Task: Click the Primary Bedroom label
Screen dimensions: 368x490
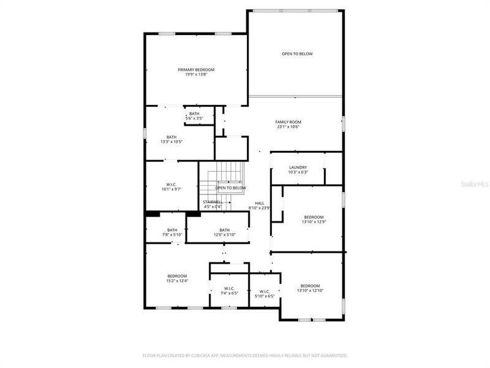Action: (196, 70)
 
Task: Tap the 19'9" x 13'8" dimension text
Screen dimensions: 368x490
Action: (196, 75)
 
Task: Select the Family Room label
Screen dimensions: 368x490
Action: (288, 122)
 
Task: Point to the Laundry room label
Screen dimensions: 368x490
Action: (298, 167)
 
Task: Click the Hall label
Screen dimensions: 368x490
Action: (260, 203)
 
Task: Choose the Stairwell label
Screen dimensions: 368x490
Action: (213, 202)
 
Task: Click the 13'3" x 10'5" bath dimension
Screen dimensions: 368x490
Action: (171, 142)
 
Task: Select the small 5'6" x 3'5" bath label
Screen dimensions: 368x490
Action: (194, 114)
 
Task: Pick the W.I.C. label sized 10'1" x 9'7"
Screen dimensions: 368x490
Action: (171, 185)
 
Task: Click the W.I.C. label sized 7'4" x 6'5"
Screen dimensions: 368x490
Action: (229, 289)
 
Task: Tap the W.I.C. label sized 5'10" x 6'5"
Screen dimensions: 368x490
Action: (265, 292)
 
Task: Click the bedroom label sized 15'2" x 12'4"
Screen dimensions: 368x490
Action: (176, 276)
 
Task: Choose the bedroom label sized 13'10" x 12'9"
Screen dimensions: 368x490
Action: (314, 217)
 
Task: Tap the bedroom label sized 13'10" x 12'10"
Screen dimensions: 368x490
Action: (310, 286)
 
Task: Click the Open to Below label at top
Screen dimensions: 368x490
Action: (297, 54)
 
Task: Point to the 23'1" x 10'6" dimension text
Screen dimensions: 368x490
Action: (288, 127)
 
